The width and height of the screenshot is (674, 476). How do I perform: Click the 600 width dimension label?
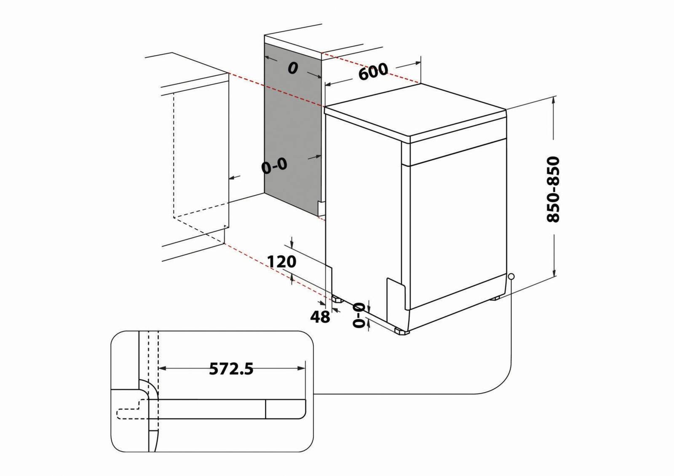(373, 72)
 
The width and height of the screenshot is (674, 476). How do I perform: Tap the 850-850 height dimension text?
(553, 189)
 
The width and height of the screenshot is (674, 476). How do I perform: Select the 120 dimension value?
(282, 262)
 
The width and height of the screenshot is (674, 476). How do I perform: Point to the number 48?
(320, 316)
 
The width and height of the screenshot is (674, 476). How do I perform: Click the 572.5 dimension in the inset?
(231, 369)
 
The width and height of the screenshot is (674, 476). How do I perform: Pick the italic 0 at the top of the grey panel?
(293, 68)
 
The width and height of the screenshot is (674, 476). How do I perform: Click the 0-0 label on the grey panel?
(274, 166)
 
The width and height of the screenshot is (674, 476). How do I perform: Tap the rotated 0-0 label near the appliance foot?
(359, 315)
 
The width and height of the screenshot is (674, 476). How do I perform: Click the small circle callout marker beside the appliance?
(511, 277)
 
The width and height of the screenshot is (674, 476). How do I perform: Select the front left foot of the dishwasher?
(401, 331)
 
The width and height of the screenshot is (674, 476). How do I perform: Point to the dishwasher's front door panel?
(457, 227)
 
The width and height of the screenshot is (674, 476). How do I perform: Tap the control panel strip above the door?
(457, 152)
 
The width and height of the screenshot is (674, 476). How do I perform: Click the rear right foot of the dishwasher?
(495, 298)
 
